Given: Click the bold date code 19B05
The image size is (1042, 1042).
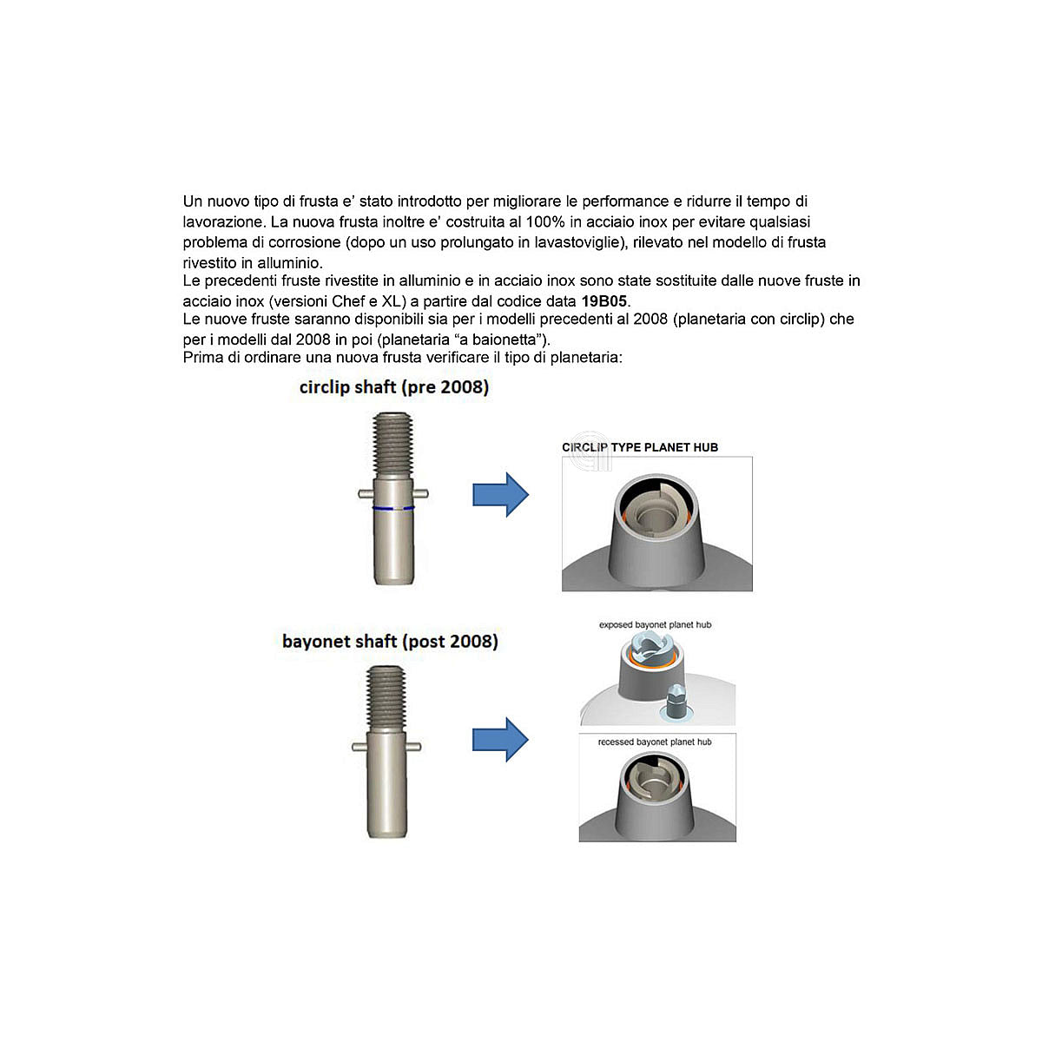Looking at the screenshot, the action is tap(603, 301).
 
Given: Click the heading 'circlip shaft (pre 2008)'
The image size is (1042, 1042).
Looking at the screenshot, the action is tap(393, 387).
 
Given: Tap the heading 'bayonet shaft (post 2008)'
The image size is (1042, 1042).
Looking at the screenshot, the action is tap(390, 642).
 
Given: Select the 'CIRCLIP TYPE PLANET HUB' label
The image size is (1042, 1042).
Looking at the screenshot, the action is tap(640, 447).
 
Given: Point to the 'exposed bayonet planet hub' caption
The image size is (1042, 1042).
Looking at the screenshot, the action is tap(655, 624).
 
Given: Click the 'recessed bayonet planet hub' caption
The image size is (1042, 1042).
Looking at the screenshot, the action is tap(655, 742).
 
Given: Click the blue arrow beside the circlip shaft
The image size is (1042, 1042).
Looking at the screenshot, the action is tap(500, 495).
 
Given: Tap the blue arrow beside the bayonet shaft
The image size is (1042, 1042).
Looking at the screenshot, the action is tap(500, 740).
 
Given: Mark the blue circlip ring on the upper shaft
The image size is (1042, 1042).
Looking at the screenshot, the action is tap(393, 508).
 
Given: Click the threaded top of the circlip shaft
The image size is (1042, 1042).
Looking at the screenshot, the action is tap(393, 445).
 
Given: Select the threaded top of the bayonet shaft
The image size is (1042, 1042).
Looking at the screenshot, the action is tap(386, 699).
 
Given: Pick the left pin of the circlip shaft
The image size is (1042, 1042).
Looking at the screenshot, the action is tap(366, 494).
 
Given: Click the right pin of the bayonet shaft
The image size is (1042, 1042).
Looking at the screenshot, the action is tap(413, 748).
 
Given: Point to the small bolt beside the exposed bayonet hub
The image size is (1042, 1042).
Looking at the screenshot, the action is tap(676, 702).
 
